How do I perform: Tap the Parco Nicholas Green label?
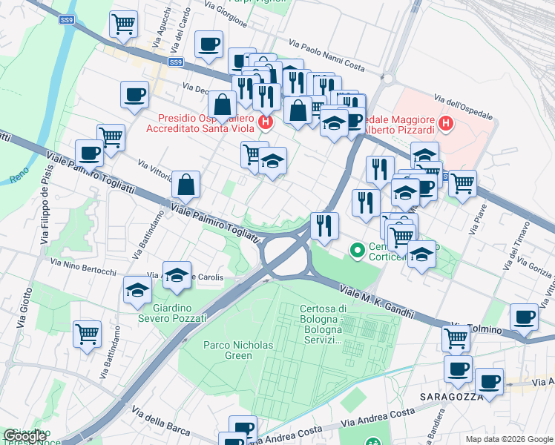point(239,350)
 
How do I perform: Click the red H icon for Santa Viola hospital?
point(266,122)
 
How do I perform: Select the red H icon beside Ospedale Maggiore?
point(446,123)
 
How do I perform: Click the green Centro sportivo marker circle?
point(357,251)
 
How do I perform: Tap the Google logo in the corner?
point(25,436)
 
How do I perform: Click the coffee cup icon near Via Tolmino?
point(525,317)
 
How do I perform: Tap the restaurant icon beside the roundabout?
point(323,224)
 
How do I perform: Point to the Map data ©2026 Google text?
point(509,438)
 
